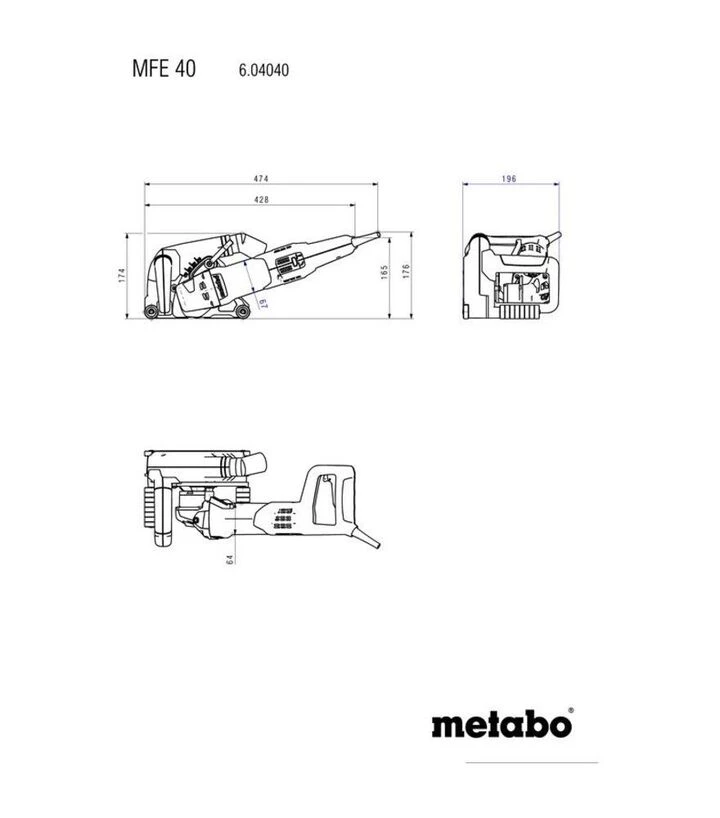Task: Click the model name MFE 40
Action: click(164, 68)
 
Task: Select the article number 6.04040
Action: click(263, 70)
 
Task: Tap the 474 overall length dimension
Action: click(261, 178)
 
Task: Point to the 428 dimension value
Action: click(261, 199)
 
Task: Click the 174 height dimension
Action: click(122, 275)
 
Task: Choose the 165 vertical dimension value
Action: click(385, 272)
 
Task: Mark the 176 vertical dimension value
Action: click(406, 271)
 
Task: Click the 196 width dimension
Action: click(509, 178)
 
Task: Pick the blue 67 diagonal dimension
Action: click(263, 303)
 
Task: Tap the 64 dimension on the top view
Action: click(230, 559)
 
